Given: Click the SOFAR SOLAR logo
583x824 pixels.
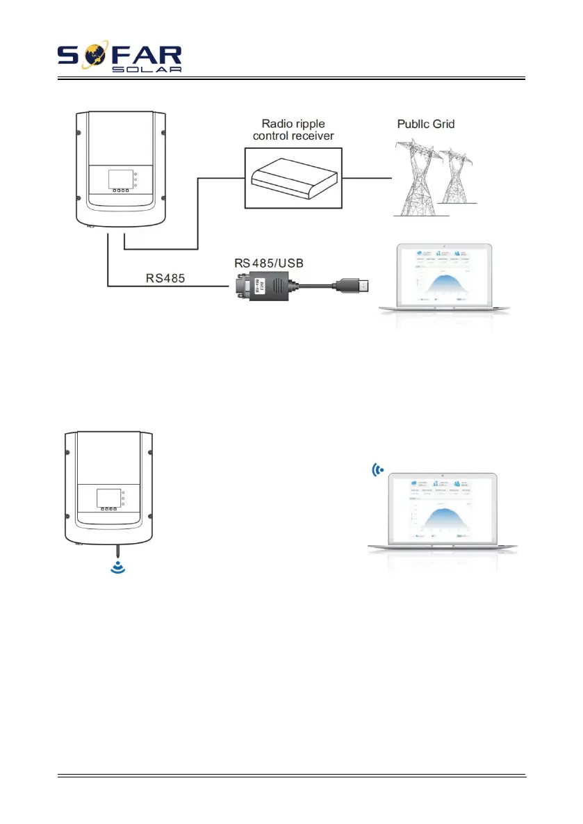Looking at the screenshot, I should point(120,58).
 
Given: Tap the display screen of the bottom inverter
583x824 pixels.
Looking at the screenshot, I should point(106,499).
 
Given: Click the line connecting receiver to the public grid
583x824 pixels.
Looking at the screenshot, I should point(367,177).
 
